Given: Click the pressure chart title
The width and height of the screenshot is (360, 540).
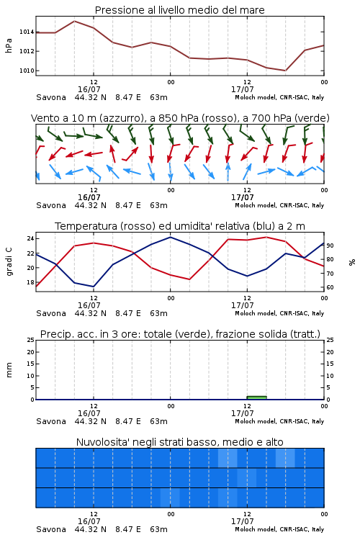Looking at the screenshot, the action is click(179, 10).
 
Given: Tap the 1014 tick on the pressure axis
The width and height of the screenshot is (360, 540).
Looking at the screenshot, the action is click(27, 32).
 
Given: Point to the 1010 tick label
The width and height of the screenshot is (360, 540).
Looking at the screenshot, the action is click(27, 71).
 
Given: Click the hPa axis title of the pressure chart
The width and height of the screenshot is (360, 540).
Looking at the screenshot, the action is click(9, 45).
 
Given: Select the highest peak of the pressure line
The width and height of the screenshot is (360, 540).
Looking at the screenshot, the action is click(74, 21).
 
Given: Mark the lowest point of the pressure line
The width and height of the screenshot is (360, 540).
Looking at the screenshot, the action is click(285, 71).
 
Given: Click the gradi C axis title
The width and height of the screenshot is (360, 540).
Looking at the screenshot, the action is click(9, 262).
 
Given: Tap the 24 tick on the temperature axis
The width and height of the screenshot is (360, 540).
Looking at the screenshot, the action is click(30, 238).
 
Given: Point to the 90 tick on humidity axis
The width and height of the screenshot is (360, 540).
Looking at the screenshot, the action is click(330, 246).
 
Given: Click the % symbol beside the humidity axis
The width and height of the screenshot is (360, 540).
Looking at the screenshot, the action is click(352, 262).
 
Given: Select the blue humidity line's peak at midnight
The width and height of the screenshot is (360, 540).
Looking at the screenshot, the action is click(170, 237).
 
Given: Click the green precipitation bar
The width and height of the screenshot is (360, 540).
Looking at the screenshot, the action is click(256, 397).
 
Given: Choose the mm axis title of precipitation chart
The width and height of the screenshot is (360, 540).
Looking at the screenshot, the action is click(9, 370).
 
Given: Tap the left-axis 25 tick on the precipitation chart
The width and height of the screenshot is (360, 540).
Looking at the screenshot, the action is click(30, 340).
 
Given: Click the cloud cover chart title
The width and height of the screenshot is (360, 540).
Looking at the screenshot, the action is click(179, 442).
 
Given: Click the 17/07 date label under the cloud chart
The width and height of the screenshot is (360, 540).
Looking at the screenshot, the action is click(243, 521).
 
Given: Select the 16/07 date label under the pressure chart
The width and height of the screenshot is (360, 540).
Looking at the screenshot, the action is click(89, 89).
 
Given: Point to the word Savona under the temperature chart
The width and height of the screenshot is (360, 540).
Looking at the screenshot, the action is click(51, 313).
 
